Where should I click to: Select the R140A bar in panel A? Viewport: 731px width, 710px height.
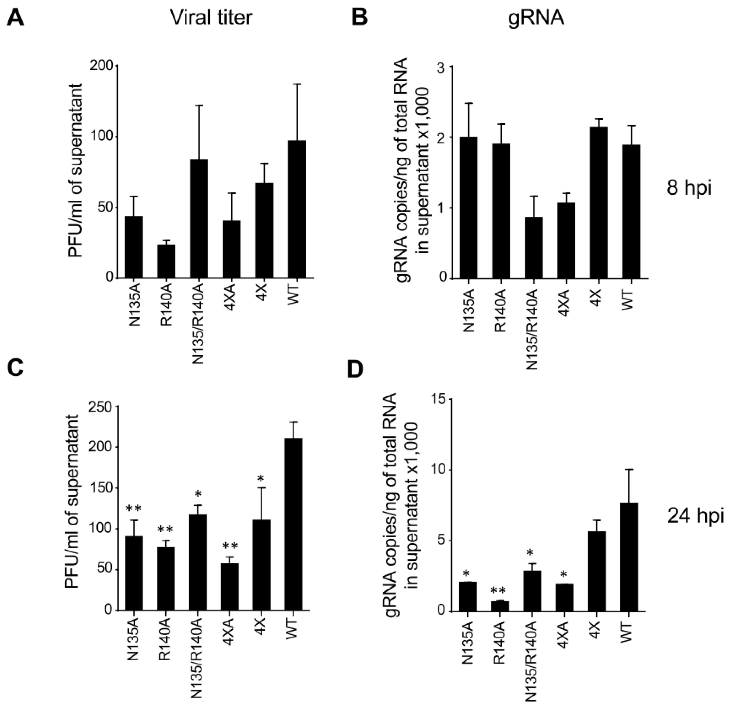(166, 261)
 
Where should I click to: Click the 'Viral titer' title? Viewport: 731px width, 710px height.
(212, 18)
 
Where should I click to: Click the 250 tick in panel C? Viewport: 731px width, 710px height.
(102, 407)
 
